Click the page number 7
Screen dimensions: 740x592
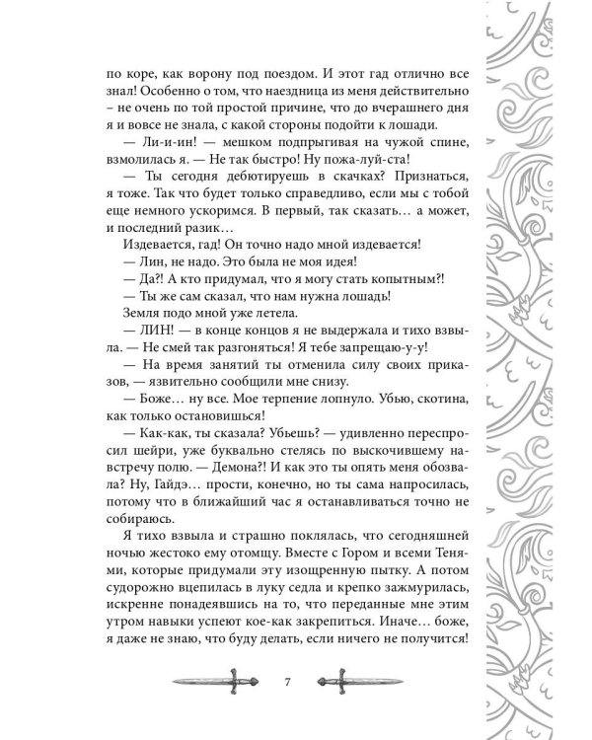click(x=285, y=683)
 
